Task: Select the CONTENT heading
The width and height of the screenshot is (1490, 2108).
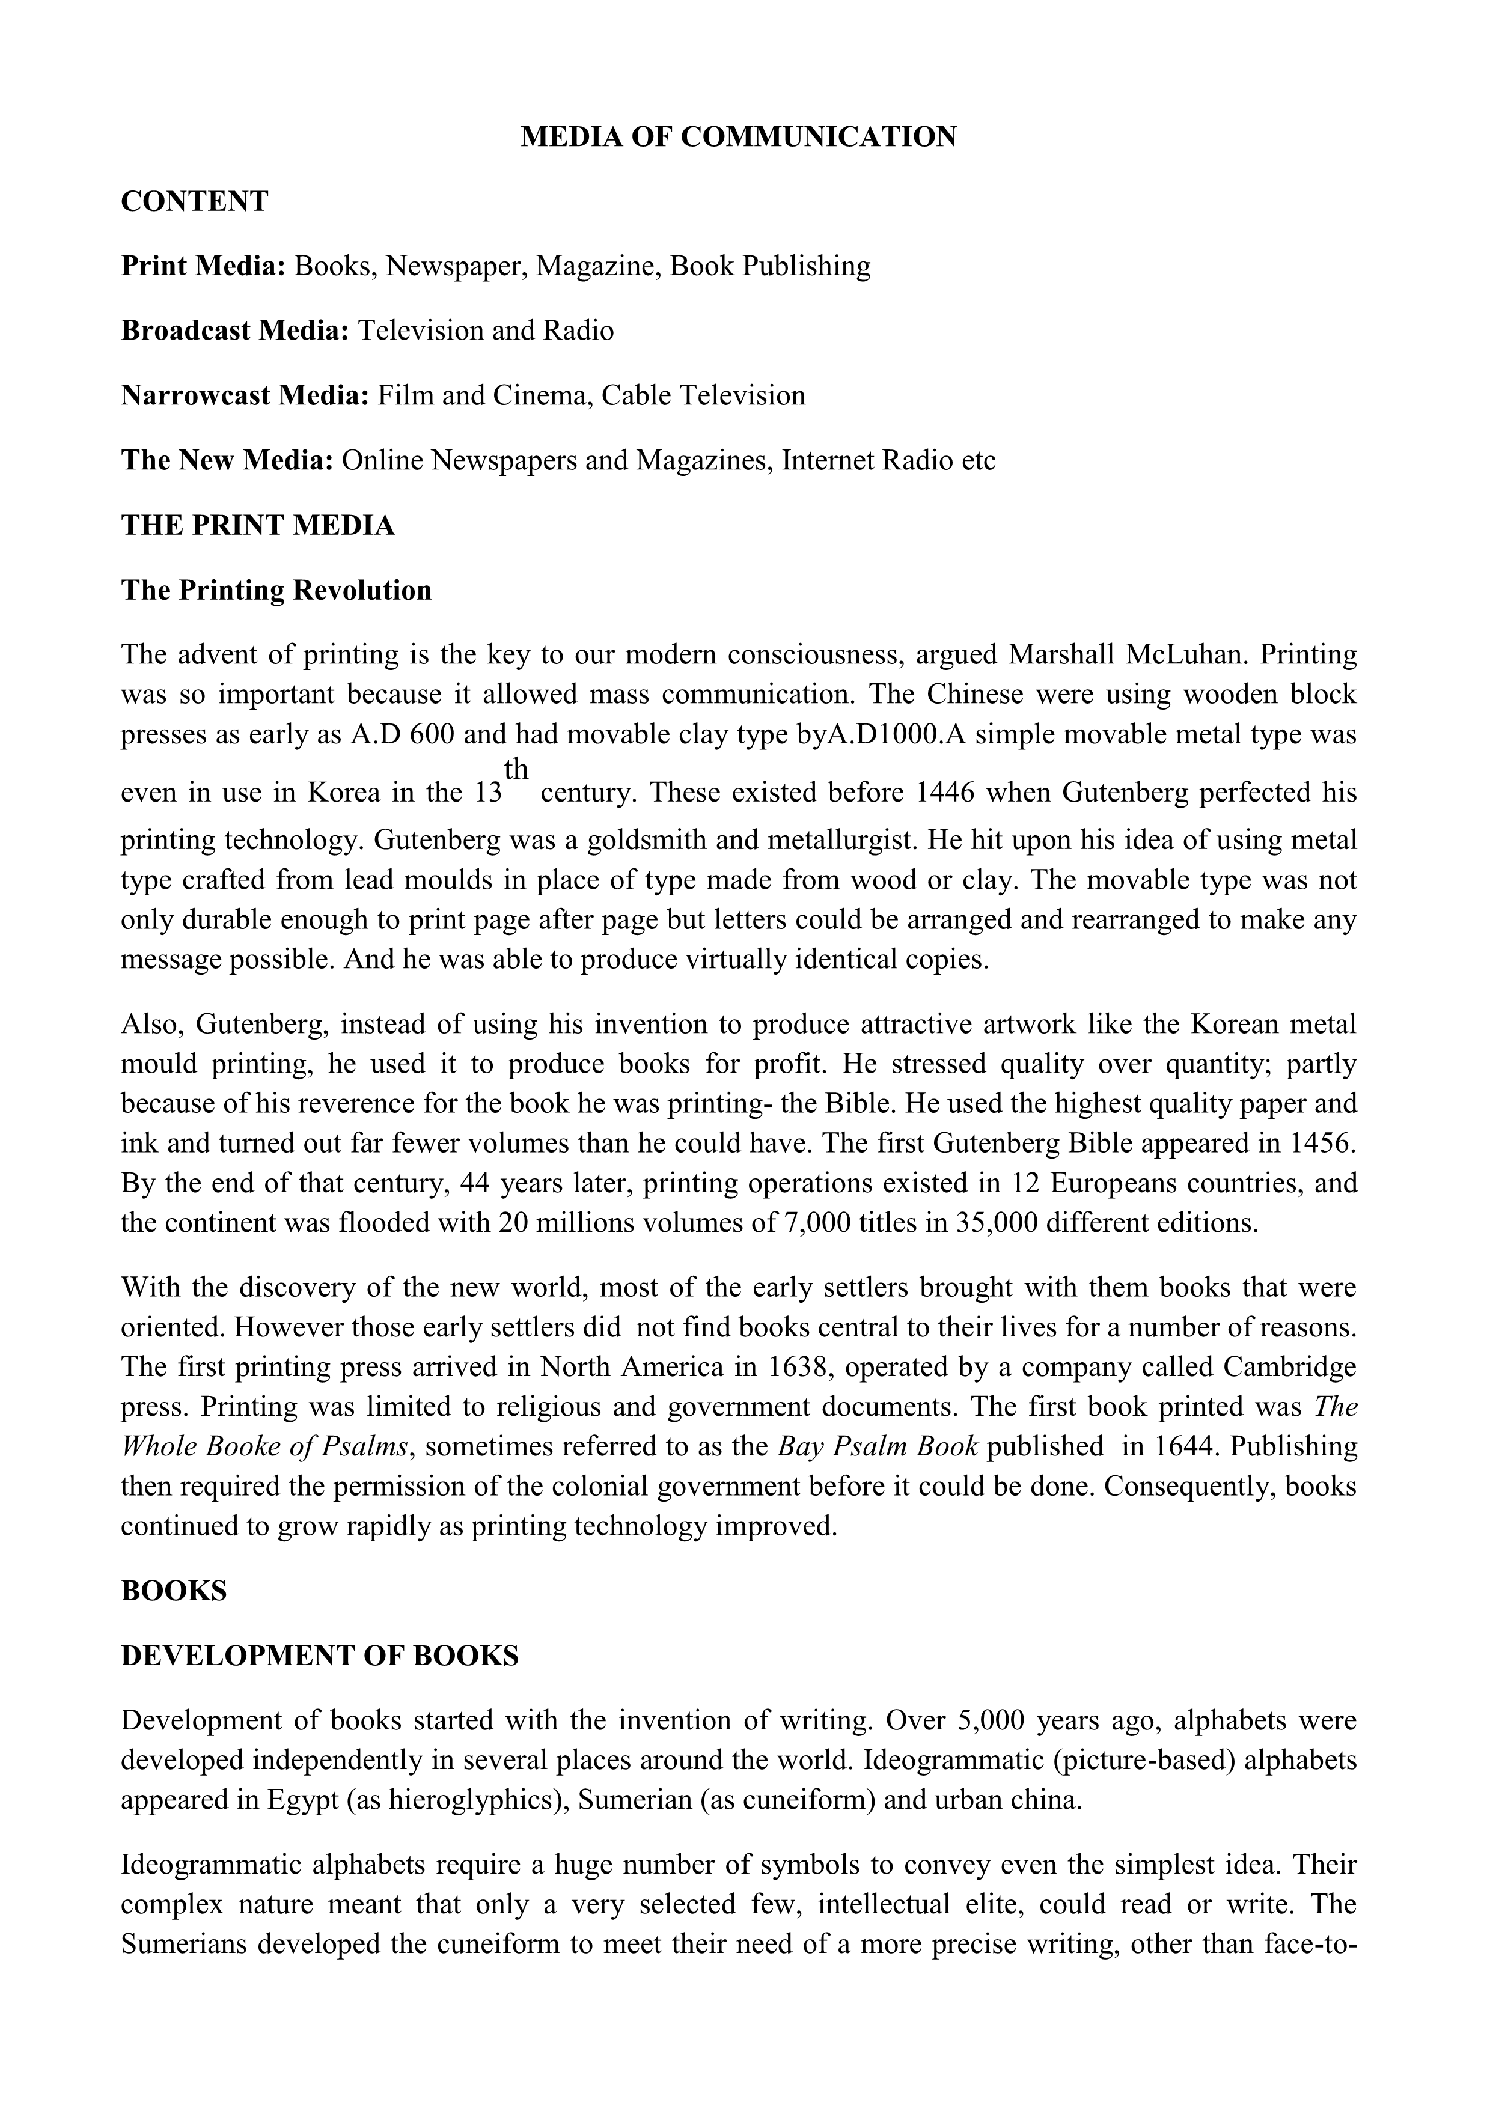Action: (x=195, y=201)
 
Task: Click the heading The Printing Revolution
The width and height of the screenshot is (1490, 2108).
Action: (x=276, y=589)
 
